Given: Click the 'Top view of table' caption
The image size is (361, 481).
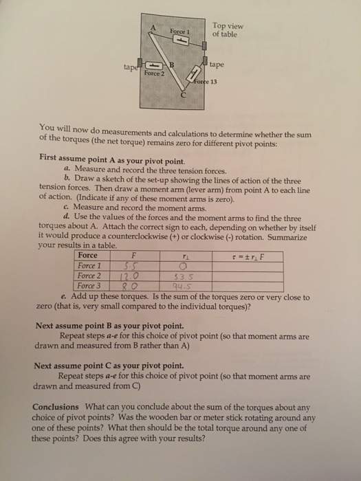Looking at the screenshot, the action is click(x=228, y=30).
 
